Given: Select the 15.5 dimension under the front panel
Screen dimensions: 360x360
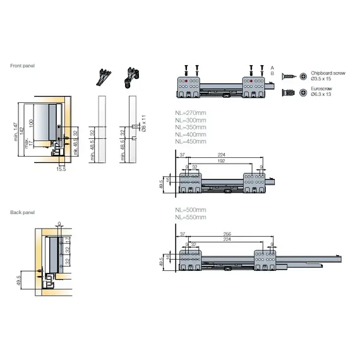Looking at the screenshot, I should point(61,169).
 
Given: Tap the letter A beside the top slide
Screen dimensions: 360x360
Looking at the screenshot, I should point(272,67).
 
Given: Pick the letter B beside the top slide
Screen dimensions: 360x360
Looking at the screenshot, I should point(272,74).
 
